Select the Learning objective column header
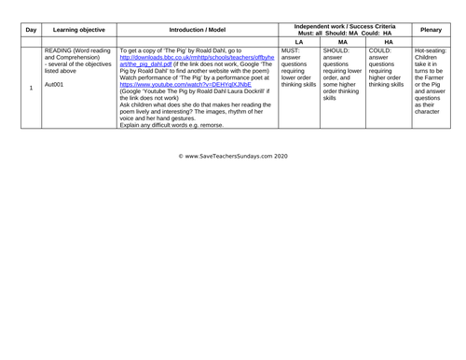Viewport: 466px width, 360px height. coord(77,25)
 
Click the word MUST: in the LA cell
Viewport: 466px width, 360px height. coord(292,50)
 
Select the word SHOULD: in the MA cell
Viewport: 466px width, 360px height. coord(339,50)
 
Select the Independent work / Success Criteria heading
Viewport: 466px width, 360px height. coord(343,20)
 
